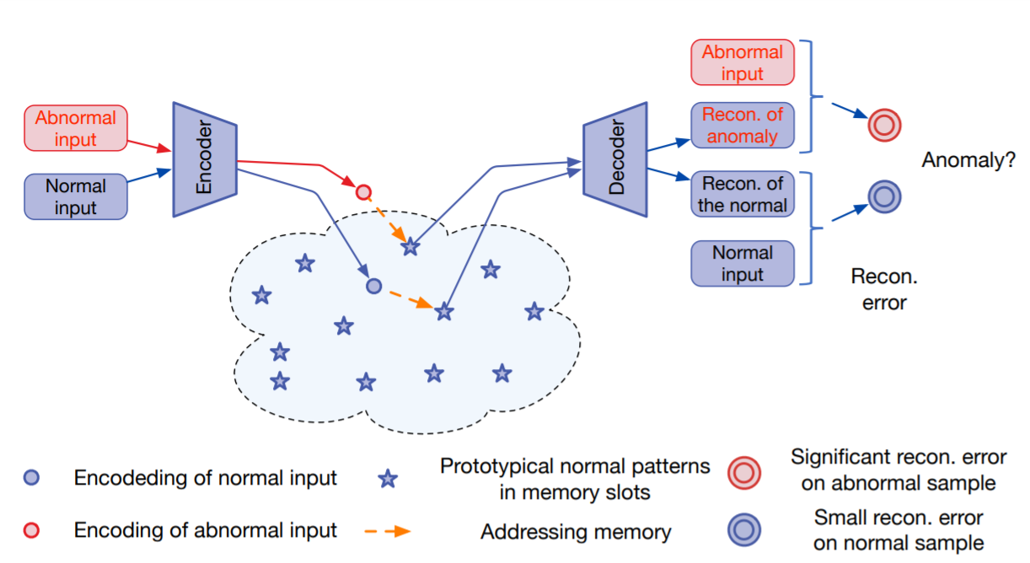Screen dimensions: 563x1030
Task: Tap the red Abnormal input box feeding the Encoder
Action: (x=76, y=128)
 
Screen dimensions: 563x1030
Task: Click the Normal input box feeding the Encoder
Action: (x=76, y=197)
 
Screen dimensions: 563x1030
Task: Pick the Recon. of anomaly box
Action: (x=742, y=126)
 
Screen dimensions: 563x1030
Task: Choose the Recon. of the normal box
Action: (x=742, y=195)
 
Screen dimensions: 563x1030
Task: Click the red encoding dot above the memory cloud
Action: (x=363, y=192)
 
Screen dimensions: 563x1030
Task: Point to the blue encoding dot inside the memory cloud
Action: (x=374, y=287)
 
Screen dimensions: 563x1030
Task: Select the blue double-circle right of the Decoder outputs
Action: (x=884, y=197)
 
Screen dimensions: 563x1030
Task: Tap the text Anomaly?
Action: (x=968, y=159)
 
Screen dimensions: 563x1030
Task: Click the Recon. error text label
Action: (x=884, y=289)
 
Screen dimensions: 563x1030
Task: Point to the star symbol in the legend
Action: (x=388, y=480)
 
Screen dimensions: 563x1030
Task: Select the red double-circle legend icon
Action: (x=744, y=472)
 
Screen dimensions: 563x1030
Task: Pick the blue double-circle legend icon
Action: (x=744, y=529)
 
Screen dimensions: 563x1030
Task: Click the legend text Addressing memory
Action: (x=576, y=532)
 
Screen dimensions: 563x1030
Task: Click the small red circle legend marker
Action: (x=32, y=530)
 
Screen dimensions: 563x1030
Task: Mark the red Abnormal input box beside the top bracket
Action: (x=742, y=63)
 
